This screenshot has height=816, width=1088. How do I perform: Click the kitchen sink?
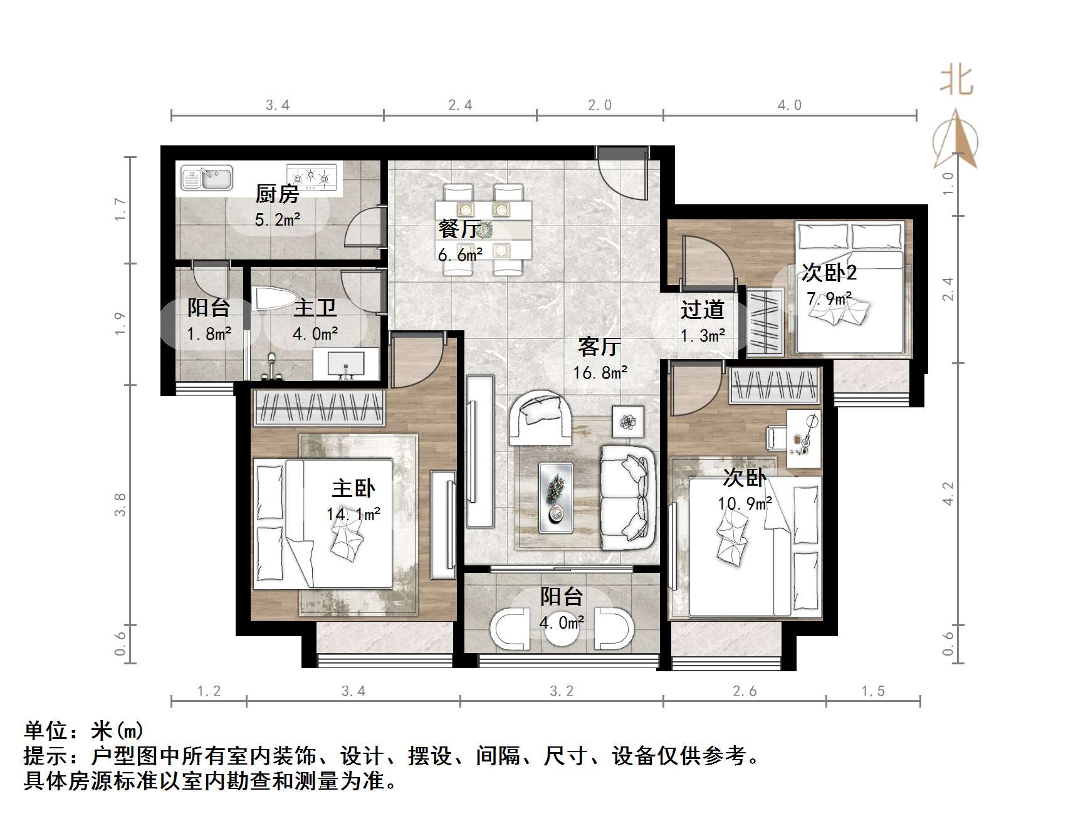(206, 178)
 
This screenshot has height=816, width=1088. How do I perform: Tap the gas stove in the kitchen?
(311, 177)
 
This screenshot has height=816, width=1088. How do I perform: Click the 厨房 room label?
(277, 194)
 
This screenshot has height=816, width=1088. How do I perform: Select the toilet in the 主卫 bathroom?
(271, 299)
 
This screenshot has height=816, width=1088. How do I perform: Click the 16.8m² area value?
(600, 373)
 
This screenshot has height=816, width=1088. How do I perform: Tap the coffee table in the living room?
(556, 498)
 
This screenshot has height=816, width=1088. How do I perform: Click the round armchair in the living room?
(541, 417)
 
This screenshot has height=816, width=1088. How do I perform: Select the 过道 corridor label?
(703, 310)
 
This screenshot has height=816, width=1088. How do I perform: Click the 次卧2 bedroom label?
(829, 273)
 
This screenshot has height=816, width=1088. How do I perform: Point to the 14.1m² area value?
(353, 515)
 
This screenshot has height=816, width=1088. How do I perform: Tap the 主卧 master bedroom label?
(353, 488)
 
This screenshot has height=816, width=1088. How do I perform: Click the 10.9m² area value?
(745, 503)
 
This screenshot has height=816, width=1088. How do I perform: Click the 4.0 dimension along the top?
(789, 105)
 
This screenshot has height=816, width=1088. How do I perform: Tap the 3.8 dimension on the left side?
(120, 505)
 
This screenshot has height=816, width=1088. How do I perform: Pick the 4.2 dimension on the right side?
(948, 493)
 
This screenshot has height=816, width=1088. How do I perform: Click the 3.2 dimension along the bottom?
(562, 691)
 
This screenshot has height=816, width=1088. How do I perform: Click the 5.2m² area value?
(277, 220)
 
